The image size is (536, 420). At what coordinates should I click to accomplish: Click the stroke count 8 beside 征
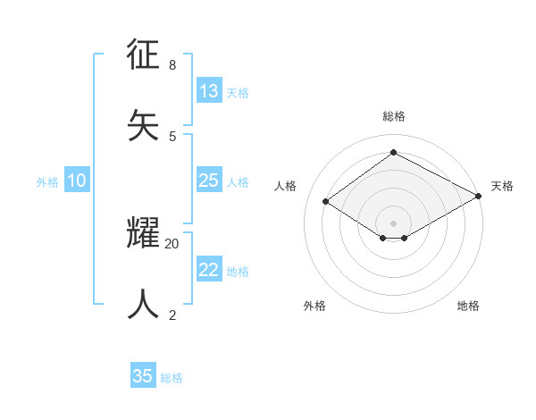pyautogui.click(x=172, y=65)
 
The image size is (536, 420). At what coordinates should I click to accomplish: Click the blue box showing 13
pyautogui.click(x=209, y=91)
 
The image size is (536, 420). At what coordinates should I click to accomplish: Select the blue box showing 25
pyautogui.click(x=209, y=181)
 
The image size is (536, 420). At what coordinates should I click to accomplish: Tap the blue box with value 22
pyautogui.click(x=209, y=270)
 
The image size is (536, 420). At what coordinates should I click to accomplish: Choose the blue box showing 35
pyautogui.click(x=143, y=376)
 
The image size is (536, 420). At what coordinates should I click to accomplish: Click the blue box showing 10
pyautogui.click(x=77, y=181)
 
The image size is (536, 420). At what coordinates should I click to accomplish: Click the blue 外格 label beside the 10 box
pyautogui.click(x=47, y=182)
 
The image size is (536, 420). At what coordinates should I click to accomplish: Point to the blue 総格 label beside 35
pyautogui.click(x=172, y=378)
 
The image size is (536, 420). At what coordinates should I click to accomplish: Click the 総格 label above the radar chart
pyautogui.click(x=393, y=116)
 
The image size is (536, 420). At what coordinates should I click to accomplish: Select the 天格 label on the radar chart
pyautogui.click(x=502, y=186)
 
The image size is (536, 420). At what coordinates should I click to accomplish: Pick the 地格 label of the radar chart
pyautogui.click(x=468, y=306)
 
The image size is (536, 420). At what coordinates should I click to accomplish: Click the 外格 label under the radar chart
pyautogui.click(x=314, y=306)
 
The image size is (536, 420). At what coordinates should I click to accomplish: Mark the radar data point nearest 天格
pyautogui.click(x=479, y=197)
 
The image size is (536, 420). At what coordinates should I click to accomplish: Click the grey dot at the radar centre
pyautogui.click(x=393, y=223)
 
